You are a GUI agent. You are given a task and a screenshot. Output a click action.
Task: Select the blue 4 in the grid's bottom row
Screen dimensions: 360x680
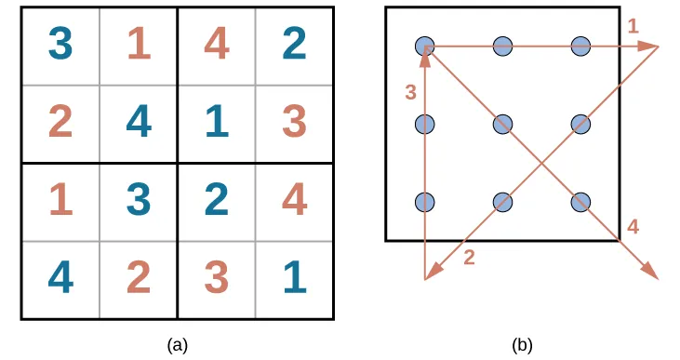60,279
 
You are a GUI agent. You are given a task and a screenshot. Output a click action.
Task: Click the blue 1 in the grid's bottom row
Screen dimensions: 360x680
294,279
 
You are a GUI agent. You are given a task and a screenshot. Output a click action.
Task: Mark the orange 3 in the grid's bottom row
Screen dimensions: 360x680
216,279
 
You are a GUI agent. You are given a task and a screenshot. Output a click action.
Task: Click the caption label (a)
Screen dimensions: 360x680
177,345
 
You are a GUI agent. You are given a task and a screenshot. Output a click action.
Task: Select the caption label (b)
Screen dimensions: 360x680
522,345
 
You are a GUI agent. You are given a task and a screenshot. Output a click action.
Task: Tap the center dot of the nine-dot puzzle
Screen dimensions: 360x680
503,123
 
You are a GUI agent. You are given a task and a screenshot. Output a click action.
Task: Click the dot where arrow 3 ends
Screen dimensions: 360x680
425,45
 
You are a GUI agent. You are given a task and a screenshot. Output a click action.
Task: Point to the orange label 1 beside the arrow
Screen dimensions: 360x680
633,27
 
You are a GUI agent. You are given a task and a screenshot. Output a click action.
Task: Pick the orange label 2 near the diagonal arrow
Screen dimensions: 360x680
469,258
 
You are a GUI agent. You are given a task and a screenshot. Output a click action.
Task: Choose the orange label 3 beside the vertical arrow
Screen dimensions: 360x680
410,92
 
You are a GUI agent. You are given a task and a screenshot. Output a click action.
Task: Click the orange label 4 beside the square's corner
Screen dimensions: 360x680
633,226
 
